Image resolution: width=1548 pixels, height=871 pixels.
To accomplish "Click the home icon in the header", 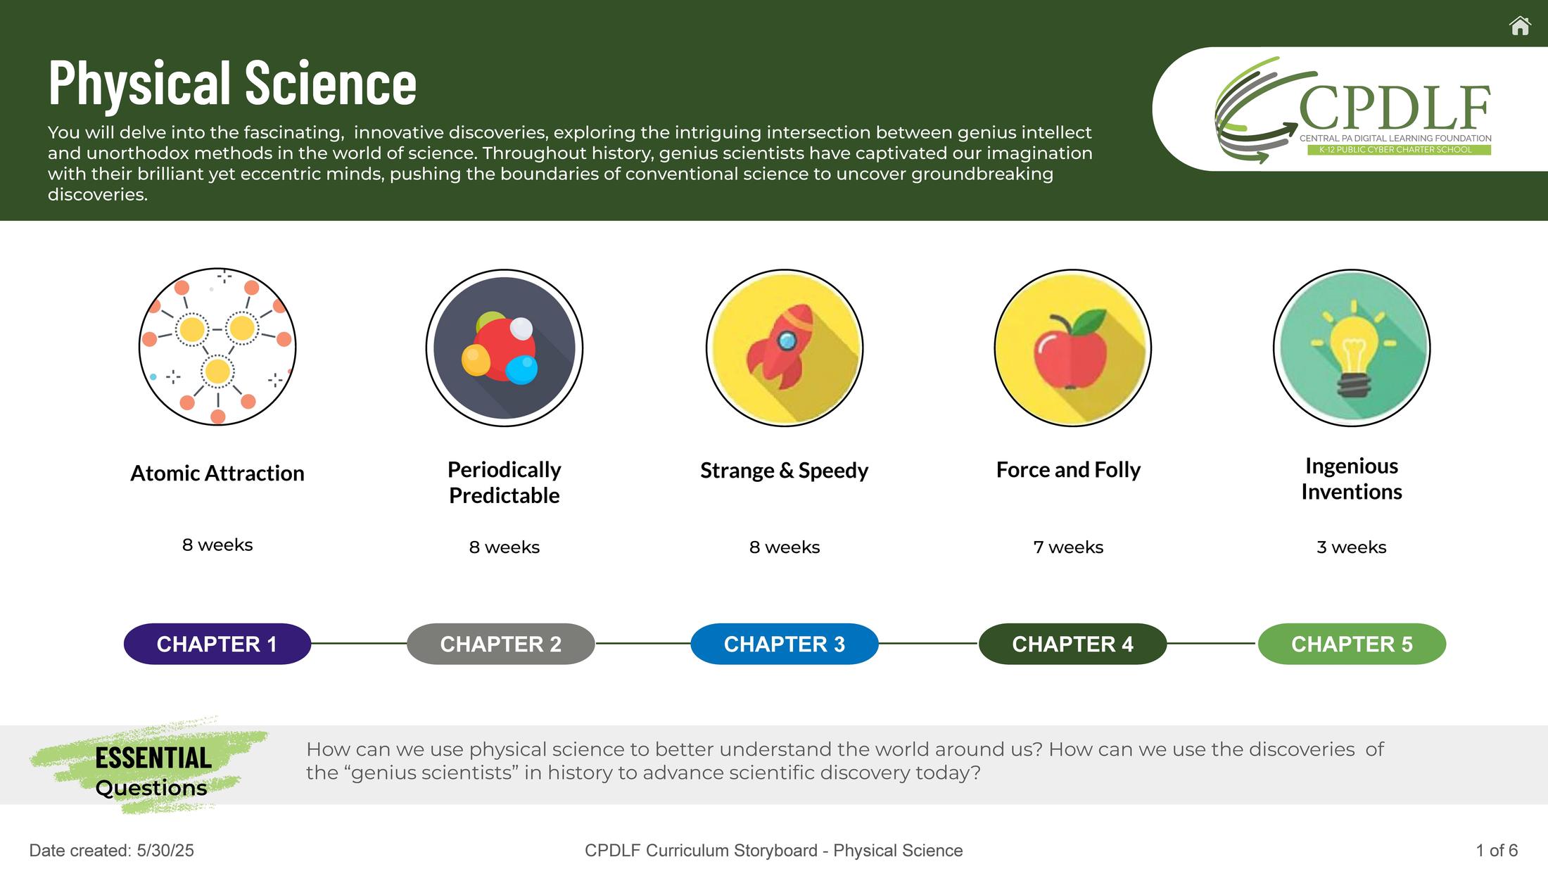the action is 1520,26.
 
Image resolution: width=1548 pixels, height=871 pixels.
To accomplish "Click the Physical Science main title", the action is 232,83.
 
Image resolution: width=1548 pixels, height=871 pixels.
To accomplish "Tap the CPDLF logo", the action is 1353,110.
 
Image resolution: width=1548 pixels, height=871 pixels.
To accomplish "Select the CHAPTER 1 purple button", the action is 217,644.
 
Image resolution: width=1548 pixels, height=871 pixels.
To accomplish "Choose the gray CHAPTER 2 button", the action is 501,644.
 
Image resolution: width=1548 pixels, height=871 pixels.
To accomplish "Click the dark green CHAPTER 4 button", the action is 1072,644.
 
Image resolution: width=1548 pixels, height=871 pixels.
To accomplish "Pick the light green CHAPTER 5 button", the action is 1352,644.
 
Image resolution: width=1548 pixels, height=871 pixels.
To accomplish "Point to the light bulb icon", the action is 1352,348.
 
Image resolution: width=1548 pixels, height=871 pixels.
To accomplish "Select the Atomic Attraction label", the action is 217,473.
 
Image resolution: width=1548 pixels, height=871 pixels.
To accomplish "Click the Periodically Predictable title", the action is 505,483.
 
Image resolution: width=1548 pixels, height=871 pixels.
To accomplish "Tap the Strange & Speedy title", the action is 785,470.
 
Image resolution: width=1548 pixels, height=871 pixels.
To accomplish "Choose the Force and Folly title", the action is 1068,469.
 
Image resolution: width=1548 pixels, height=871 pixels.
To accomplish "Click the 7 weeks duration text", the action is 1068,547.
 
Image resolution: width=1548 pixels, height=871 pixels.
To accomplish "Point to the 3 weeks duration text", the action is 1352,547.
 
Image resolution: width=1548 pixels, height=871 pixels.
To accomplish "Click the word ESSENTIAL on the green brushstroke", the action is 153,758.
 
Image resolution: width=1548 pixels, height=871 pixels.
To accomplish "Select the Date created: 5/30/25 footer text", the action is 111,851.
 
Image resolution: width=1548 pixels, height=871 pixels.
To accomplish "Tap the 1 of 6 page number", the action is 1497,851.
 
